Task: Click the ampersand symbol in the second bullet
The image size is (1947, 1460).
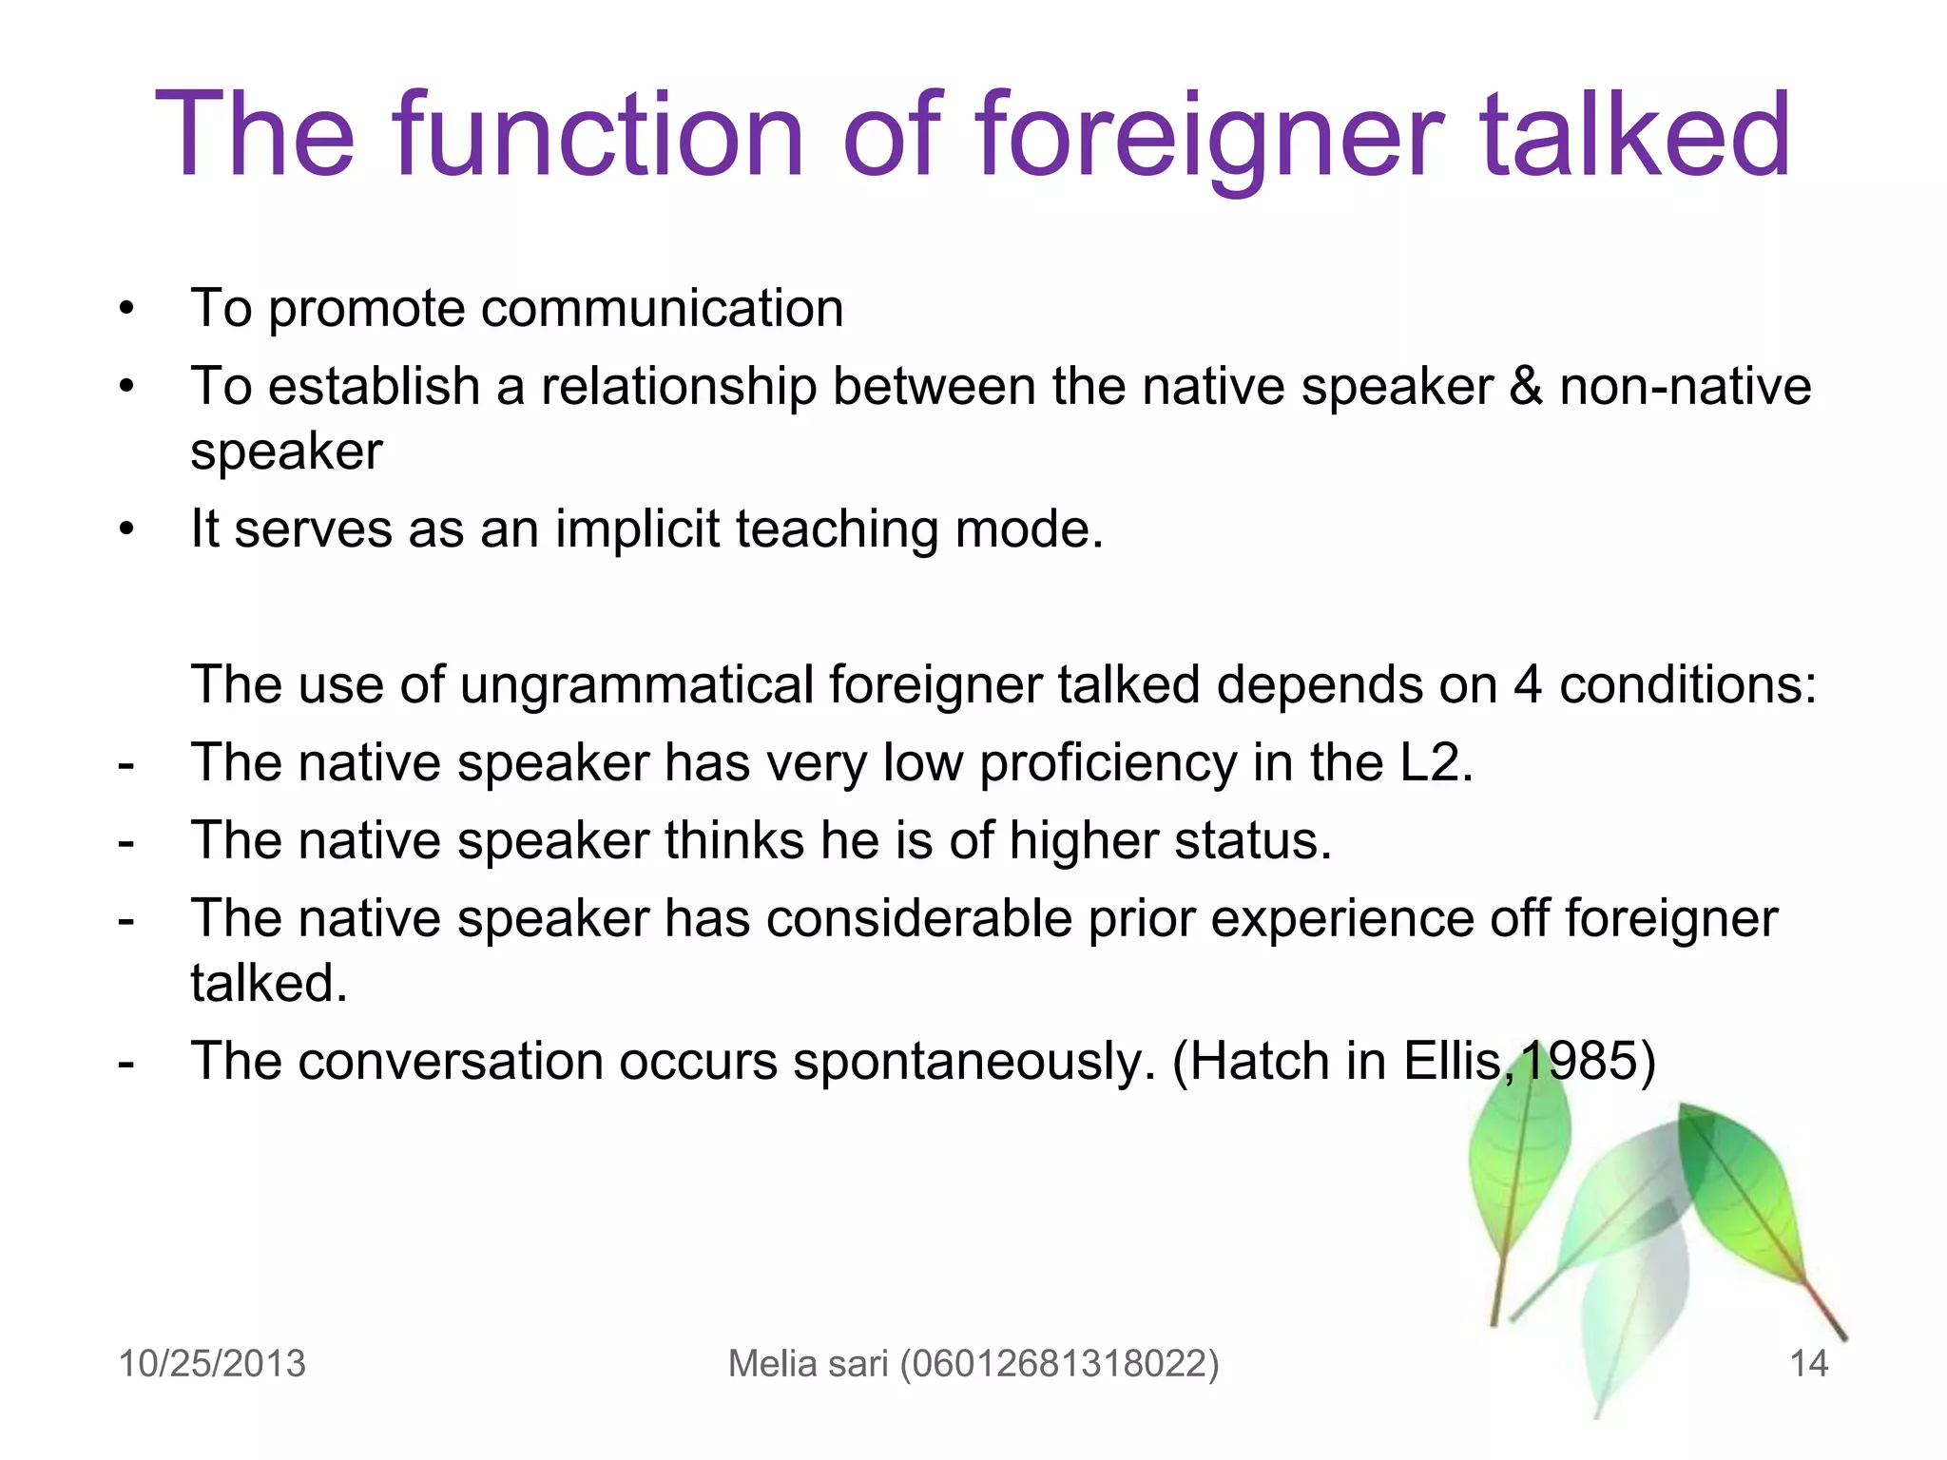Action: [x=1526, y=387]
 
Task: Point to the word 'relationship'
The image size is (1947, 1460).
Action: [x=679, y=387]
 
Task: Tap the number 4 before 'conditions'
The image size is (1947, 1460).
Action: [x=1527, y=685]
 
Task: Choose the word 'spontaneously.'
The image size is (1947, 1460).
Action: [x=974, y=1062]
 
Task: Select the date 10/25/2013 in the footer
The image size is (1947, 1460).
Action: [x=212, y=1364]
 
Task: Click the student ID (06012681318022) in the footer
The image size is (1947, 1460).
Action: [x=1059, y=1364]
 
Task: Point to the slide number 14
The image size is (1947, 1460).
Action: [x=1808, y=1364]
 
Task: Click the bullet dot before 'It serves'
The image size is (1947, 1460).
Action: [x=126, y=529]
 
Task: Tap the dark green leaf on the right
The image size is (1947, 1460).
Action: [x=1740, y=1188]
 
